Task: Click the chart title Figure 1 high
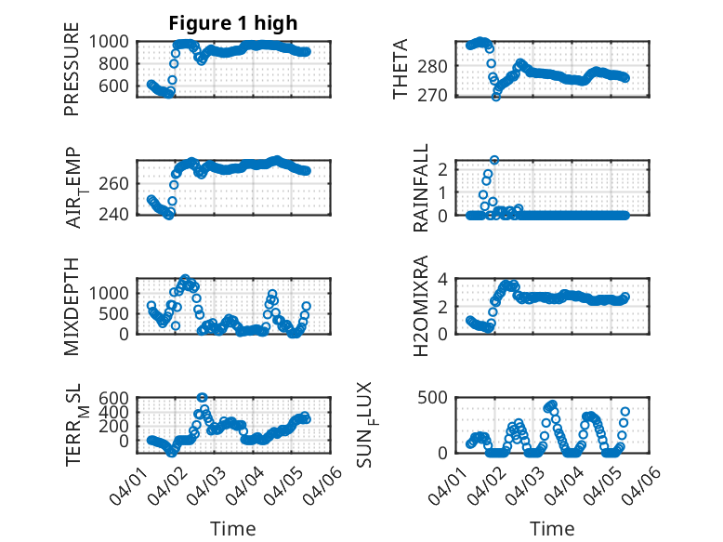[233, 24]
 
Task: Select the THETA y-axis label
[401, 69]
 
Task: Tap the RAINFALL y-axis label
[421, 188]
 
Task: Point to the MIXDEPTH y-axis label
[72, 306]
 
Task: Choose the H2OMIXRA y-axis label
[421, 306]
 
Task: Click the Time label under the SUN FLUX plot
[552, 529]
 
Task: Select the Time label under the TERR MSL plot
[233, 529]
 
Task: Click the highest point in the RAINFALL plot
[494, 160]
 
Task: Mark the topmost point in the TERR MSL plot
[202, 398]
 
